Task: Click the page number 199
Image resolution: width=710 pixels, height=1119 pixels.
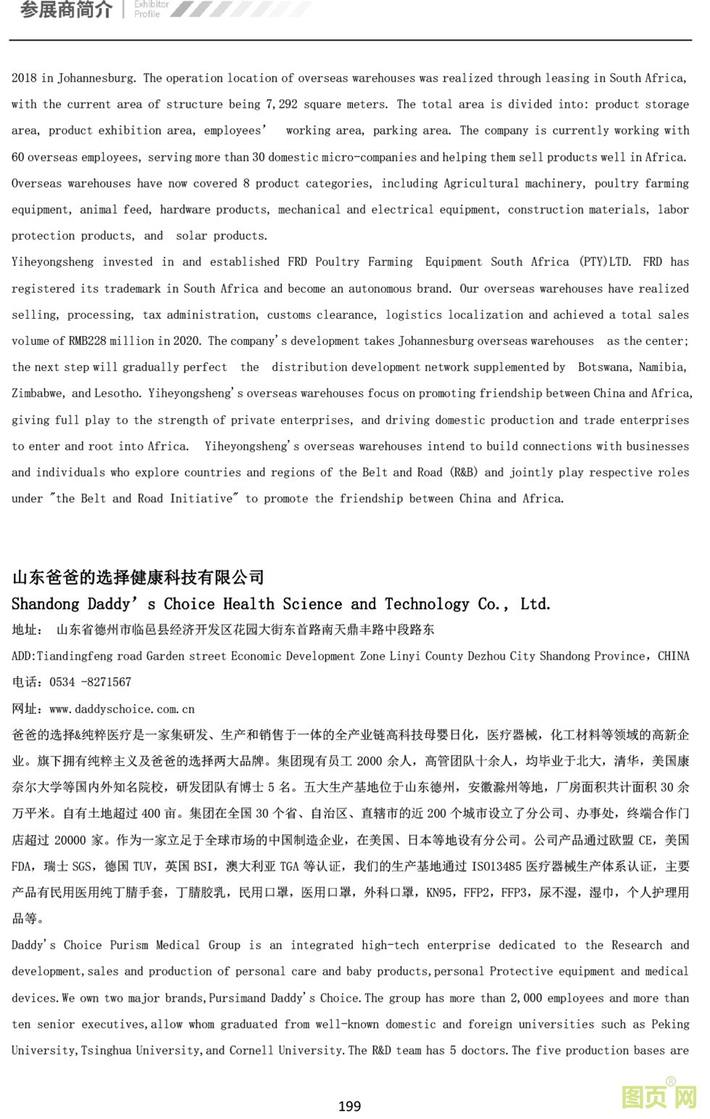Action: click(349, 1106)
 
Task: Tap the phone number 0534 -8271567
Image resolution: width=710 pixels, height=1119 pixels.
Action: click(90, 682)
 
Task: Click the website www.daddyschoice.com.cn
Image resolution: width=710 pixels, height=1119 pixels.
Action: click(122, 709)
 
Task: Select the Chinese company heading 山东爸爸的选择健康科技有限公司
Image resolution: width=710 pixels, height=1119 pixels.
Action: click(138, 577)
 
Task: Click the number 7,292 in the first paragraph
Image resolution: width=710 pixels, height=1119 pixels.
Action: click(282, 104)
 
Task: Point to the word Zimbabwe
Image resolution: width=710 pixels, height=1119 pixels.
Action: click(38, 394)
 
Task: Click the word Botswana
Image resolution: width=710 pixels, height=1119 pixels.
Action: click(604, 367)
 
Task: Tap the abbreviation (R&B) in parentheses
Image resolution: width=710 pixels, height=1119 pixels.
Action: click(463, 473)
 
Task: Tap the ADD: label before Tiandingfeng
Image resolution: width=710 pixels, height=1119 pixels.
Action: click(23, 656)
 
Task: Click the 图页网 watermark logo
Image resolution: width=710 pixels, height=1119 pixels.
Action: click(659, 1096)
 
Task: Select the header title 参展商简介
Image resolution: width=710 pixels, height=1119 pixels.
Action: click(66, 10)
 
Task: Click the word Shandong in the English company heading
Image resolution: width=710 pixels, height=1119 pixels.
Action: click(45, 604)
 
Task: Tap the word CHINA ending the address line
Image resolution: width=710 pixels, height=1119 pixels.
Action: click(673, 656)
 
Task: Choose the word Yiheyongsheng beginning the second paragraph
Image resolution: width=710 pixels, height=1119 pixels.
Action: click(51, 262)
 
